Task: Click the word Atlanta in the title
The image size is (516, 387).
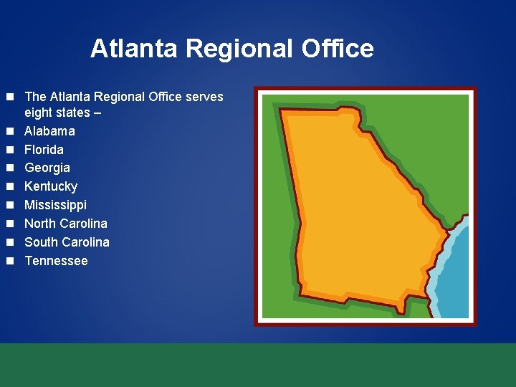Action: click(x=135, y=49)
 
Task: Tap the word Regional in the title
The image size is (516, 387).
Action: click(x=240, y=49)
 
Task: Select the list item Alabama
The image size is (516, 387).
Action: click(x=49, y=131)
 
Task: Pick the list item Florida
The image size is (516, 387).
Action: click(x=44, y=150)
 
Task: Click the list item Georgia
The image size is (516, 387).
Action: click(x=47, y=168)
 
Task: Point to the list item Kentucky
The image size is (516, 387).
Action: click(x=51, y=186)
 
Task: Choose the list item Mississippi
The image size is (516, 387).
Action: click(x=56, y=205)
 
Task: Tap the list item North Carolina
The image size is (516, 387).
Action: click(x=66, y=224)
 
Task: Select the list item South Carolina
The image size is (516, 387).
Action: click(x=67, y=242)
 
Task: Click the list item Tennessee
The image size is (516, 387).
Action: click(x=56, y=261)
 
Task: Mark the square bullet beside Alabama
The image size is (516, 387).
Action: click(x=10, y=131)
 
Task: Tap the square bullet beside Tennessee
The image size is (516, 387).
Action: click(x=10, y=261)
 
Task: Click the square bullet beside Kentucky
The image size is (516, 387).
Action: click(x=10, y=186)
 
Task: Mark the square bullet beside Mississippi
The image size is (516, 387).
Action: click(x=10, y=205)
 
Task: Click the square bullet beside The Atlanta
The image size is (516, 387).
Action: click(x=10, y=97)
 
